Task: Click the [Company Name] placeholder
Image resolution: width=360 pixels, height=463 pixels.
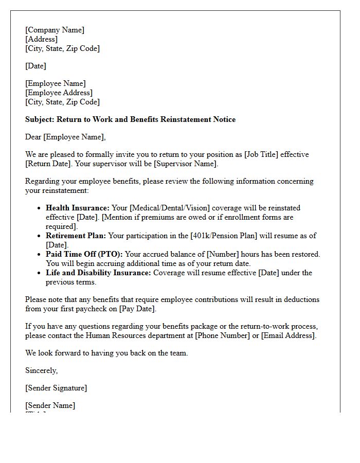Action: (55, 30)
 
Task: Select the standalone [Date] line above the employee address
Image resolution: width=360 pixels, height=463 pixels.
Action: (35, 66)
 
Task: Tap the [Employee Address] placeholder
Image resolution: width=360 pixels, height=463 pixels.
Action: (59, 93)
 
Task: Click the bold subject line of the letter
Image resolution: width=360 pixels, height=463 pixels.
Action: (130, 119)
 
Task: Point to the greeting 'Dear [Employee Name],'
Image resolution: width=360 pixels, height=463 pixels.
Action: (65, 137)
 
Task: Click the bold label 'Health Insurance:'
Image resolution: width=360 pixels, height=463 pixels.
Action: (78, 208)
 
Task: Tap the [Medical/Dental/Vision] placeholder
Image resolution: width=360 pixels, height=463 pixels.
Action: (169, 208)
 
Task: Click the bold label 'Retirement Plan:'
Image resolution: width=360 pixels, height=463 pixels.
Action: (76, 236)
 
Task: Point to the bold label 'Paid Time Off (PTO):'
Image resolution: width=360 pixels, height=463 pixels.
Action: (84, 254)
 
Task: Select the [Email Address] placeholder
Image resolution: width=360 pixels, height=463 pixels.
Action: (287, 335)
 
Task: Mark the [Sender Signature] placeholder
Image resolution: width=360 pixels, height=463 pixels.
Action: (56, 388)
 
